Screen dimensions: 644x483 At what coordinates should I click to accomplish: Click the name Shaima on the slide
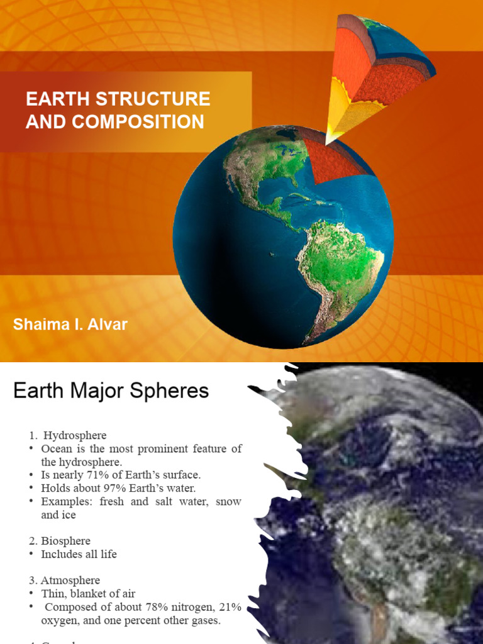39,325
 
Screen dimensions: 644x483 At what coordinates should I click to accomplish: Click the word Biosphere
66,541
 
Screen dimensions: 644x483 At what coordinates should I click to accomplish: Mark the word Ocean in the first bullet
57,448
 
